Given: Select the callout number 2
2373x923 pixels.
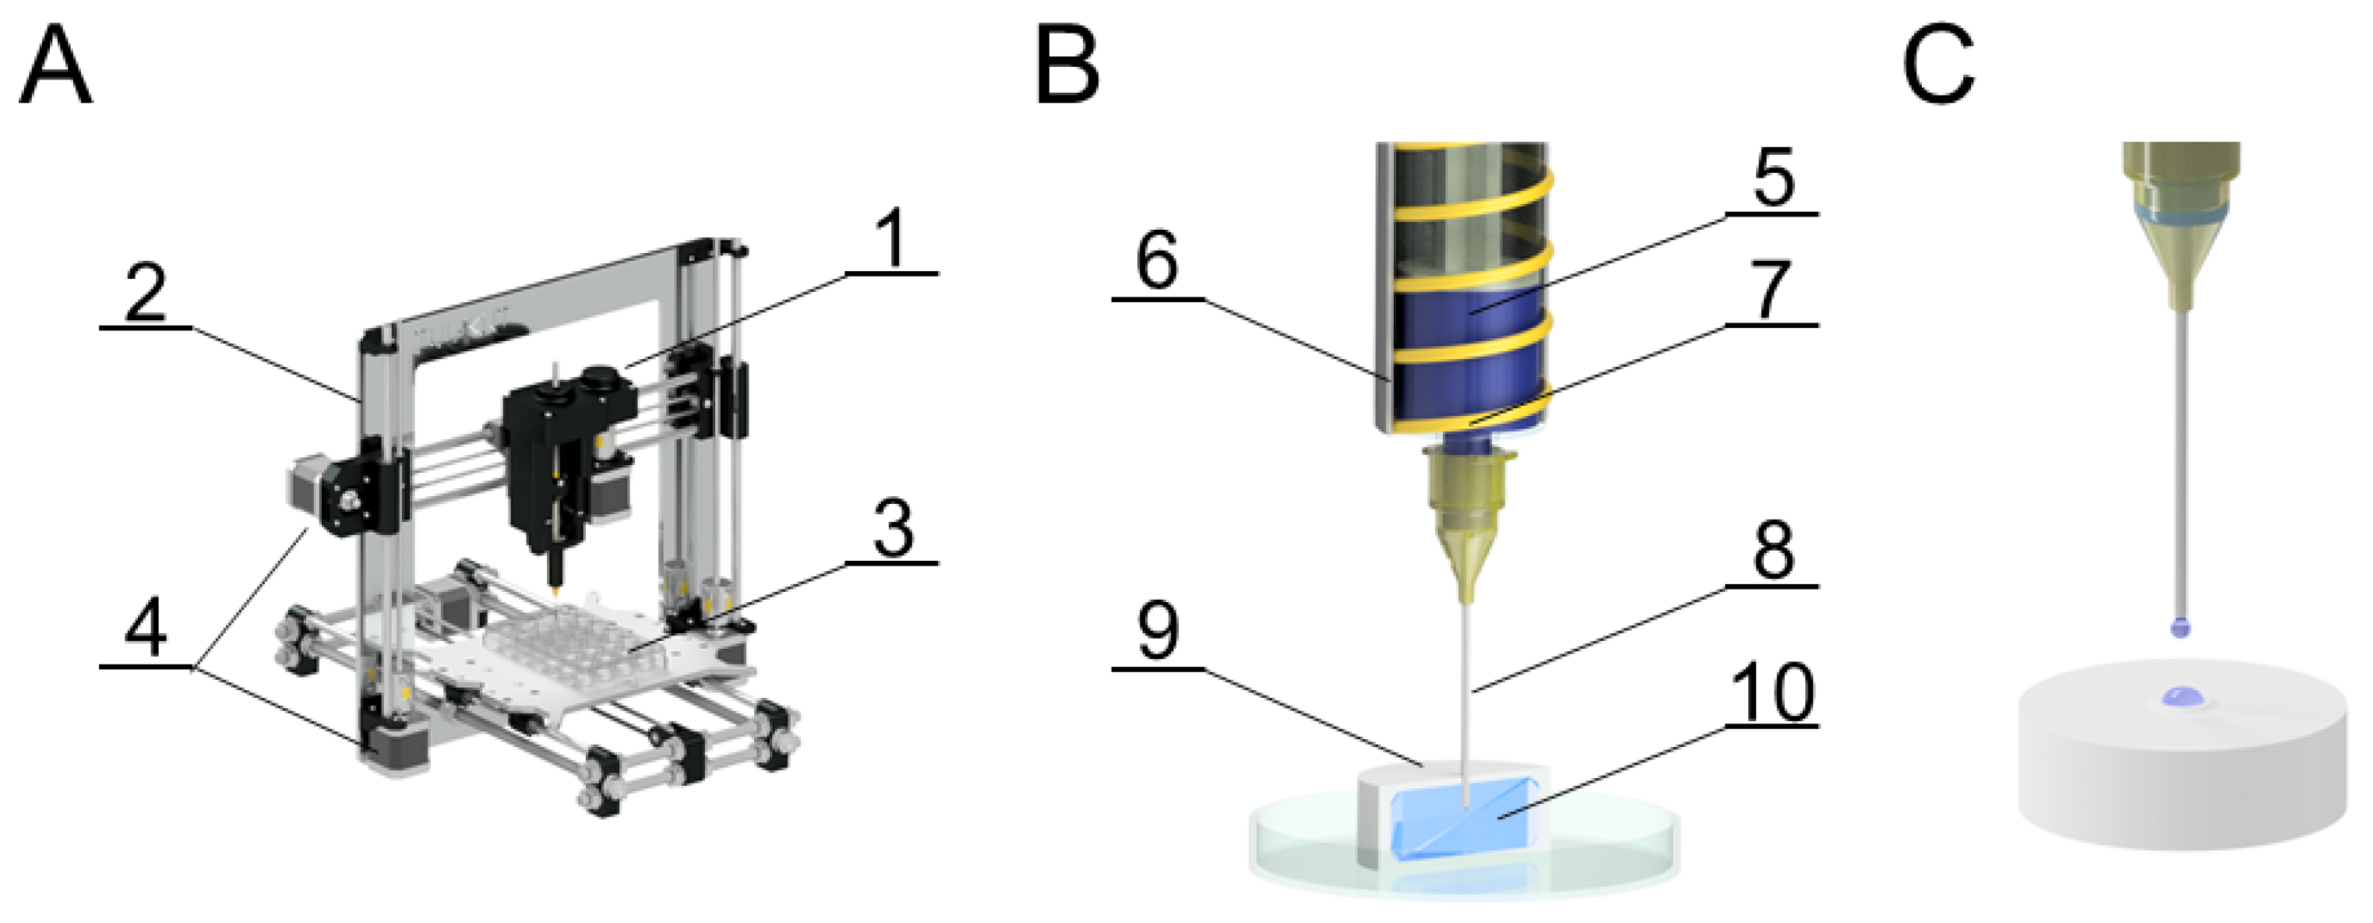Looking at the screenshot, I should [146, 293].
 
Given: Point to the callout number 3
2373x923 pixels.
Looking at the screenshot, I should [892, 529].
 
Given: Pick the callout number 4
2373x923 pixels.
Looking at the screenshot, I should [146, 629].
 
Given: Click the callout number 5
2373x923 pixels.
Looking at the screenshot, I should [1772, 177].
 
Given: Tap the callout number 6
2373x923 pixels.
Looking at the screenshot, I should [1157, 262].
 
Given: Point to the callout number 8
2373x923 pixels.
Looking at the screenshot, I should [1772, 551].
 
